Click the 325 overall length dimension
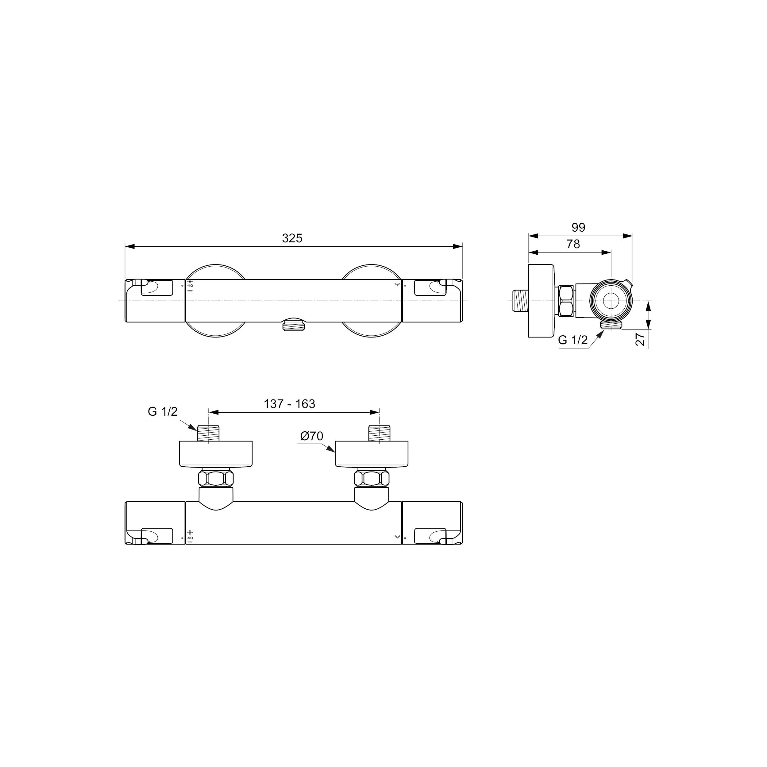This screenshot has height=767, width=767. pyautogui.click(x=292, y=238)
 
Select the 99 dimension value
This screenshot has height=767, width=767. pyautogui.click(x=578, y=227)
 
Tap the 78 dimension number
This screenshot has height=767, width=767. pyautogui.click(x=573, y=244)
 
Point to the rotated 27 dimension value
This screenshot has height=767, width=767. pyautogui.click(x=640, y=339)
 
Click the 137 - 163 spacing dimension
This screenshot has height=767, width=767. pyautogui.click(x=289, y=404)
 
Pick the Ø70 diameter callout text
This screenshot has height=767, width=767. pyautogui.click(x=312, y=436)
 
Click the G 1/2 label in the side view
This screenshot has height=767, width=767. pyautogui.click(x=572, y=340)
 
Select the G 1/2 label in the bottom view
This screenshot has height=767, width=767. pyautogui.click(x=163, y=412)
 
